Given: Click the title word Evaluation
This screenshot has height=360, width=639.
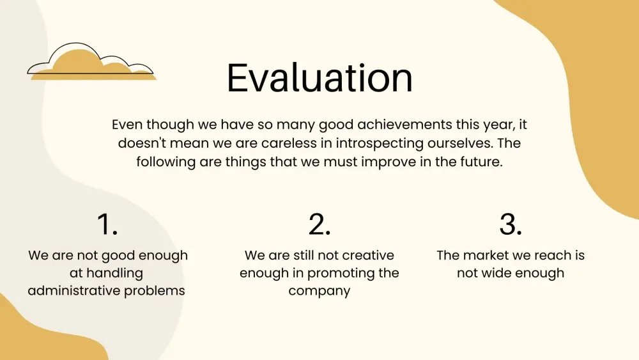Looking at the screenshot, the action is click(x=319, y=78).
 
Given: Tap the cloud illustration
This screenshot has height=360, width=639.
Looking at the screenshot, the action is click(x=91, y=61).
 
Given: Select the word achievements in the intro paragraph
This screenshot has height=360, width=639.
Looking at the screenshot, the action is click(x=404, y=124).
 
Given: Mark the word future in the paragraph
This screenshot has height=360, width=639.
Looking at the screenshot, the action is click(x=481, y=162).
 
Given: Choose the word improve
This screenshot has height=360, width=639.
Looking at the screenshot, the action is click(x=389, y=162).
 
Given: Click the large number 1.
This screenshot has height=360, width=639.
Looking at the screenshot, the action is click(x=107, y=224).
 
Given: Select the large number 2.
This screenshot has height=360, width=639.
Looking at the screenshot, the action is click(x=319, y=224).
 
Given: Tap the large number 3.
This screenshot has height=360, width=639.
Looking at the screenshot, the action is click(x=511, y=224).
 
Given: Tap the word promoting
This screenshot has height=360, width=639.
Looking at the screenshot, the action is click(x=337, y=274).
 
